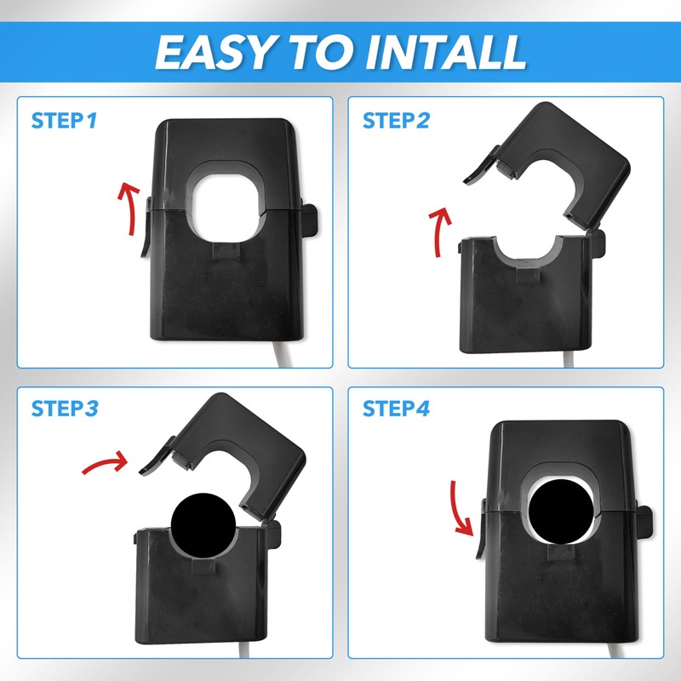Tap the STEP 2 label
(x=396, y=120)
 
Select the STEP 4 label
(x=396, y=409)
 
